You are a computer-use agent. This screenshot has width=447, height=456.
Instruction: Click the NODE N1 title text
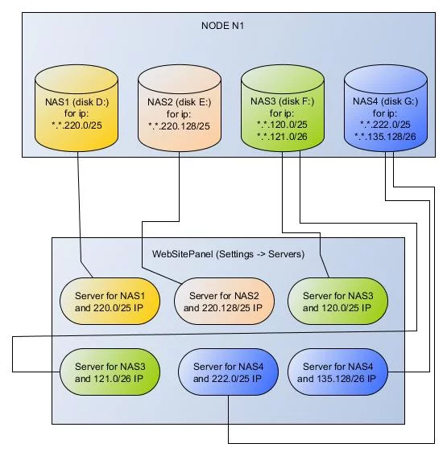point(222,26)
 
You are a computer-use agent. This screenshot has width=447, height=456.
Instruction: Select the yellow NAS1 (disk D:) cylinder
point(77,108)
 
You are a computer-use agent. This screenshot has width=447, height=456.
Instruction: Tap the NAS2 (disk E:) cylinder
point(180,108)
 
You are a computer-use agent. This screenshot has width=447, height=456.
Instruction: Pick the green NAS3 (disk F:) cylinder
point(283,108)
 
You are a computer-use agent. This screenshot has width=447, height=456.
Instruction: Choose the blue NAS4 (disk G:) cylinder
point(386,108)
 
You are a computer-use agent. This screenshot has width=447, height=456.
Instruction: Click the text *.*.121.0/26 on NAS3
point(282,137)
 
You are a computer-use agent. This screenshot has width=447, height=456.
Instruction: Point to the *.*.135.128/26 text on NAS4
point(385,137)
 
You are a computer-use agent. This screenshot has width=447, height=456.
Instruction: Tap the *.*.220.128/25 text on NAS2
point(179,126)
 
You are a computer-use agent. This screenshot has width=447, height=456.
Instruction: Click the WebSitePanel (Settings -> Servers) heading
point(228,254)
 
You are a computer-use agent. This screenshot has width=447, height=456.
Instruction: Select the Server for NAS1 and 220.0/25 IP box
point(110,301)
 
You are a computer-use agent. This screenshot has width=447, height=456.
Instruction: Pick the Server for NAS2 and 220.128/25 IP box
point(224,301)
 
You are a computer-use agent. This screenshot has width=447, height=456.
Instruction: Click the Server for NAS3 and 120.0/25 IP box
point(337,301)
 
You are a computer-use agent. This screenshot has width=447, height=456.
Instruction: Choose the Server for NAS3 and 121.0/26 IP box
point(110,372)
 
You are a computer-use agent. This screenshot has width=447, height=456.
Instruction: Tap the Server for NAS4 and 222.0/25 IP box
point(228,372)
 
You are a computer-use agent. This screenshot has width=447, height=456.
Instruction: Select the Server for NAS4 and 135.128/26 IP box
point(337,372)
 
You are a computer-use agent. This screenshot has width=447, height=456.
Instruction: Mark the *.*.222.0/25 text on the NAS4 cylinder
point(385,125)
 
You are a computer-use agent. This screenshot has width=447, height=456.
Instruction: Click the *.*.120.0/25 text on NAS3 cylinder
point(282,125)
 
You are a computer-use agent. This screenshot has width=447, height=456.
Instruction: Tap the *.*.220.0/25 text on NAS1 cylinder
point(77,125)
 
